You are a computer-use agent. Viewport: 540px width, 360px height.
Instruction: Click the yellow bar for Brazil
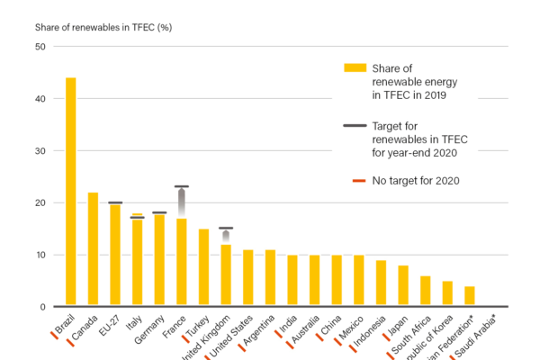(x=70, y=193)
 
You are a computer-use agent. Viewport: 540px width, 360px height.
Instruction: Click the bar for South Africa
(x=426, y=291)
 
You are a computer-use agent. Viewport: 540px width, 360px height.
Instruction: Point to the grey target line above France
(x=182, y=186)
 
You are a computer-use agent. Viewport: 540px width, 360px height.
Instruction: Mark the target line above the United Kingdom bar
(x=226, y=229)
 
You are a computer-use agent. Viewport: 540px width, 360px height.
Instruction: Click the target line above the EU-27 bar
(x=115, y=202)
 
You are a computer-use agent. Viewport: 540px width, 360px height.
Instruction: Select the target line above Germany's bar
(x=159, y=212)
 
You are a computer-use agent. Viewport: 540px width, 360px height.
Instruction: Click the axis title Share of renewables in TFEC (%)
(x=103, y=27)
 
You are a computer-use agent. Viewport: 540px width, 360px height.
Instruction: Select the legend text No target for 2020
(x=416, y=181)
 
